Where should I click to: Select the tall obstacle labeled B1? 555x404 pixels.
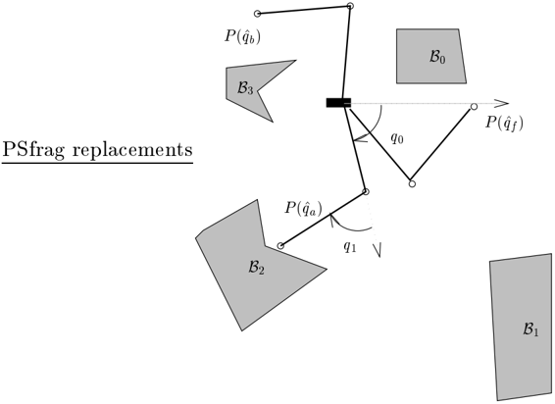click(522, 327)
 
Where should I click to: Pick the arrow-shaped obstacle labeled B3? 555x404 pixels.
click(251, 86)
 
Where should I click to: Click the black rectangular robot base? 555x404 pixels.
click(338, 103)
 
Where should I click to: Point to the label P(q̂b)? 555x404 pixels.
click(242, 36)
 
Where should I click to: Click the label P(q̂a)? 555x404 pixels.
click(303, 209)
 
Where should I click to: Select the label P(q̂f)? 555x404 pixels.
click(504, 124)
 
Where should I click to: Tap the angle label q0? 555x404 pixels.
click(397, 137)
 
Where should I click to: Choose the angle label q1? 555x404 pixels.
click(350, 246)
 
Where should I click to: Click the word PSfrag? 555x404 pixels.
click(33, 150)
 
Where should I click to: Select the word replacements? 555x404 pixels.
click(132, 150)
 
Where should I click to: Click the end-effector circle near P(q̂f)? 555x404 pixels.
click(474, 106)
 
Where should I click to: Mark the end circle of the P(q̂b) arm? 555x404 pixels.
click(257, 14)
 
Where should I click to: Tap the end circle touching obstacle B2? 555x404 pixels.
click(280, 246)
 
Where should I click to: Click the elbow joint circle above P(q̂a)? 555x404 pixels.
click(366, 191)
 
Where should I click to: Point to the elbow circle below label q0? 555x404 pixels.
click(412, 183)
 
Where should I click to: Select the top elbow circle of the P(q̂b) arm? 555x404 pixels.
click(350, 6)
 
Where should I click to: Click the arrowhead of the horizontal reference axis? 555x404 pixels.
click(502, 103)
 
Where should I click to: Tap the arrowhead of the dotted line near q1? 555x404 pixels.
click(378, 250)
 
